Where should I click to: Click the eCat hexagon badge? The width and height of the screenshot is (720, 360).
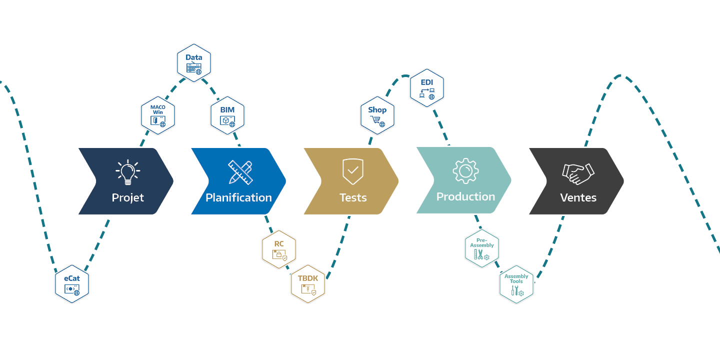[71, 284]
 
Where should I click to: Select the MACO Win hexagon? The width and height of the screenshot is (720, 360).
[158, 115]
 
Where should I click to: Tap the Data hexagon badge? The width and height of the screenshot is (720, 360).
[194, 63]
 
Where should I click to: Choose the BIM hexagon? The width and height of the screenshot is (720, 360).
[227, 115]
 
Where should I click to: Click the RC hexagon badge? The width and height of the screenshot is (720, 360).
[279, 249]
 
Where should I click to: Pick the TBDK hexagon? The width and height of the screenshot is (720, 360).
[308, 284]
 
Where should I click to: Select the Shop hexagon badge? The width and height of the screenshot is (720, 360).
[377, 115]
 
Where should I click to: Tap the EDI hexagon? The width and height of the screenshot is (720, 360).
[426, 88]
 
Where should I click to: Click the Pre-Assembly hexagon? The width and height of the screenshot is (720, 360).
[482, 248]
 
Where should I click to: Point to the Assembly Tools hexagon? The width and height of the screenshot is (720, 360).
[516, 284]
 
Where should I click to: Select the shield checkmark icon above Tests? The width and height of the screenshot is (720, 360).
[353, 171]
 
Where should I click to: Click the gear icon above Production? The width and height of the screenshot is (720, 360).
[465, 170]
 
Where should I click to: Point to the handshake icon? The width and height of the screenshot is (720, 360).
[577, 173]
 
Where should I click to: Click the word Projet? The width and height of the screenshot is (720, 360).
[128, 197]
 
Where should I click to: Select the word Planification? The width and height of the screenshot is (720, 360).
[238, 197]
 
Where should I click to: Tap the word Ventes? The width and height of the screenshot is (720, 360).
[578, 197]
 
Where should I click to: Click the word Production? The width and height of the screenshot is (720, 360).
[465, 196]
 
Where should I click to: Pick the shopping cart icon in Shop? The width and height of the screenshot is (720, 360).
[375, 120]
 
